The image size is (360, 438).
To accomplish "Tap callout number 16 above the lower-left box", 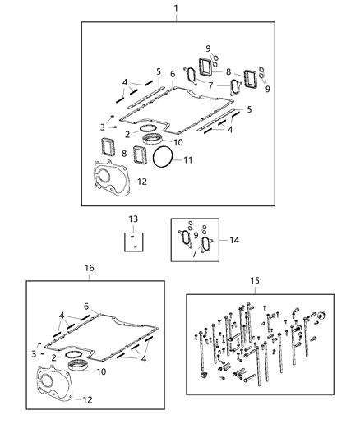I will pyautogui.click(x=90, y=268).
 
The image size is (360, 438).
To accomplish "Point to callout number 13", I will pyautogui.click(x=133, y=219).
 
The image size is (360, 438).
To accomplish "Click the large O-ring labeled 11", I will pyautogui.click(x=164, y=158).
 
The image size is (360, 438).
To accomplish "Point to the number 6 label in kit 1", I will pyautogui.click(x=173, y=74).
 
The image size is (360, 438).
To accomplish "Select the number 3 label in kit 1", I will pyautogui.click(x=102, y=127).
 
